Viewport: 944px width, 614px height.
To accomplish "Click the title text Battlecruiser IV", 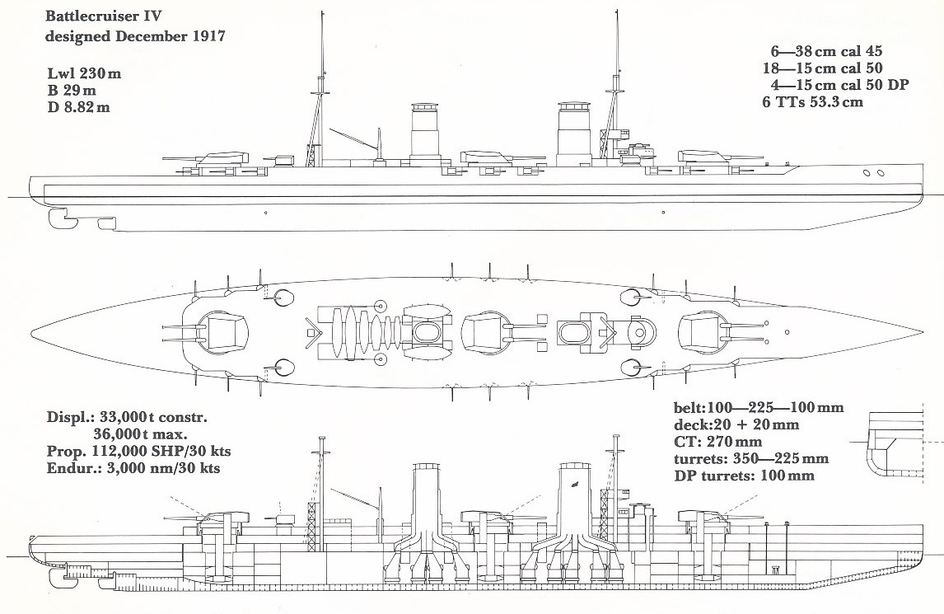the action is pos(102,16).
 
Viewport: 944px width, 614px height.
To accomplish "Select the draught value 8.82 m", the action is pos(86,109).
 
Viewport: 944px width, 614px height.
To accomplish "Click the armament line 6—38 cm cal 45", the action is pos(826,52).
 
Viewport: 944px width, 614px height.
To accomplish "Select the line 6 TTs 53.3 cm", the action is pos(813,102).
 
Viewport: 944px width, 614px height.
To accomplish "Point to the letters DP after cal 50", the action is pos(898,85).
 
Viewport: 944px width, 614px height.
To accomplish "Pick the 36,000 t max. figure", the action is pos(140,434).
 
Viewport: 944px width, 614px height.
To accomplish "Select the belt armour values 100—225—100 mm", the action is pos(775,407).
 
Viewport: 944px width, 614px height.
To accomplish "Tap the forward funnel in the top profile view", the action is pos(573,134).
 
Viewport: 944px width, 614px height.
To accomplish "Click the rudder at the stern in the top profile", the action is pos(63,218).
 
